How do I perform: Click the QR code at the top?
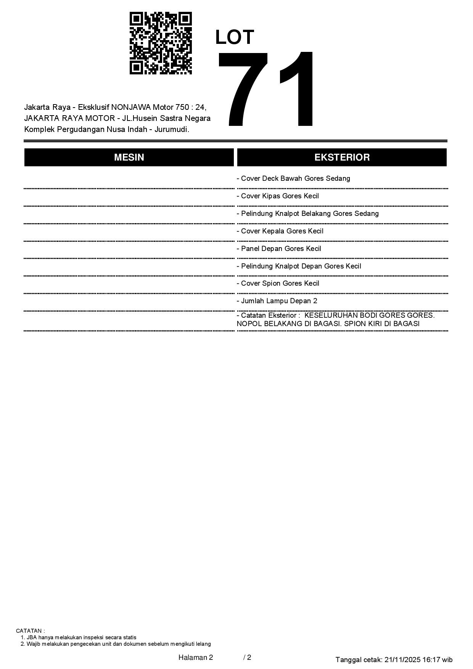click(161, 43)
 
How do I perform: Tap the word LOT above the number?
click(235, 37)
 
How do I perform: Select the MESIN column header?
click(129, 157)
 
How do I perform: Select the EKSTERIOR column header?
click(342, 157)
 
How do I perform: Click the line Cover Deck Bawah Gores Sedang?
click(293, 179)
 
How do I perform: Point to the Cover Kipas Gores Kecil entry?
click(278, 196)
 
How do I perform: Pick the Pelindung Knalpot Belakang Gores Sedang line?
click(307, 214)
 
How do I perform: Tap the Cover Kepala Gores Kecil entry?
click(280, 231)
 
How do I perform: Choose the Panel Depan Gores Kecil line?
click(279, 249)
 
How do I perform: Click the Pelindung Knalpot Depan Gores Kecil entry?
click(299, 266)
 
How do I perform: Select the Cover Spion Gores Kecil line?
click(278, 283)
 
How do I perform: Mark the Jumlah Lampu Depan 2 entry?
click(277, 301)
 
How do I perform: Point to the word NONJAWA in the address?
click(131, 107)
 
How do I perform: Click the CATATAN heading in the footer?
click(30, 631)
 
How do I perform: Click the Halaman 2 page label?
click(195, 657)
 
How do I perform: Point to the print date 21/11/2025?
click(402, 659)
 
